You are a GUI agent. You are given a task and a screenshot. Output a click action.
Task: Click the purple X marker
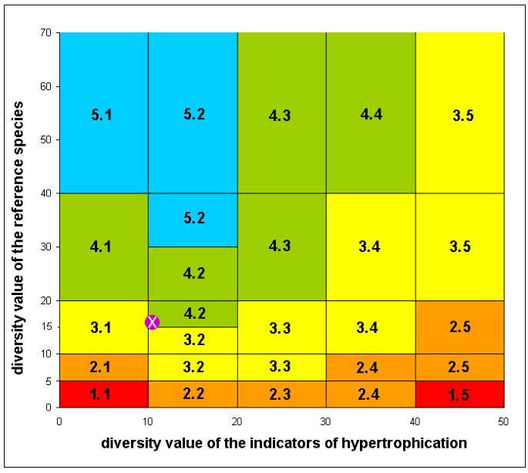click(x=153, y=322)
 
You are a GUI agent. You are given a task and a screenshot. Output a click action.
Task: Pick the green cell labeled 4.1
click(x=103, y=247)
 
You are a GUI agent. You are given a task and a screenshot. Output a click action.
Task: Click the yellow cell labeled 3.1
click(x=103, y=327)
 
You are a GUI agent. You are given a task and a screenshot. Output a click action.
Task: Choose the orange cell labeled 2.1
click(x=103, y=367)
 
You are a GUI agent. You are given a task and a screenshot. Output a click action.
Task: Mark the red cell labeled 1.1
click(x=103, y=394)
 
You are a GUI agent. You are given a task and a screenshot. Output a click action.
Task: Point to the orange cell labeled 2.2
click(x=193, y=394)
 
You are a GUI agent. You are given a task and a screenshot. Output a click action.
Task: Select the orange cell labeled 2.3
click(x=281, y=394)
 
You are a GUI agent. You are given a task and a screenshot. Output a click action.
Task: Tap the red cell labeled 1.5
click(x=460, y=394)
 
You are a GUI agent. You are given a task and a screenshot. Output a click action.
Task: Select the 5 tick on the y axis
click(x=48, y=381)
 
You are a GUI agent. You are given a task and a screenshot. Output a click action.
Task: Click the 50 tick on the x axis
click(x=504, y=421)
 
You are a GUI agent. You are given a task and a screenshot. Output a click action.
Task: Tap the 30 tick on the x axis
click(x=326, y=421)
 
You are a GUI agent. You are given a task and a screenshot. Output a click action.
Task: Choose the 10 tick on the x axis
click(x=148, y=421)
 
